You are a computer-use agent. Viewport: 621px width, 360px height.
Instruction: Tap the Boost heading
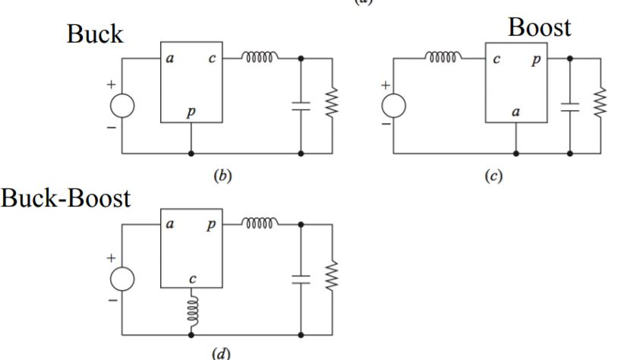pyautogui.click(x=539, y=28)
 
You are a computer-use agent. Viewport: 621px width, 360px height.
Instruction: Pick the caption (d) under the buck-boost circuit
pyautogui.click(x=222, y=351)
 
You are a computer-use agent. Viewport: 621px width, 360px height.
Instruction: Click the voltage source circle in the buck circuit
pyautogui.click(x=123, y=106)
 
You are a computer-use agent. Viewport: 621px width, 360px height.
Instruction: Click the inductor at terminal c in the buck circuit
pyautogui.click(x=260, y=56)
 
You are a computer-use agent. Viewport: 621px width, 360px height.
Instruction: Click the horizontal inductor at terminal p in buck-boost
pyautogui.click(x=260, y=224)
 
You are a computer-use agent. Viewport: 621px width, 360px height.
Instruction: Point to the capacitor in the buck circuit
pyautogui.click(x=301, y=106)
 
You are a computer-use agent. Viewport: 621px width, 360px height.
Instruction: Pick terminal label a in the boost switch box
pyautogui.click(x=515, y=112)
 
